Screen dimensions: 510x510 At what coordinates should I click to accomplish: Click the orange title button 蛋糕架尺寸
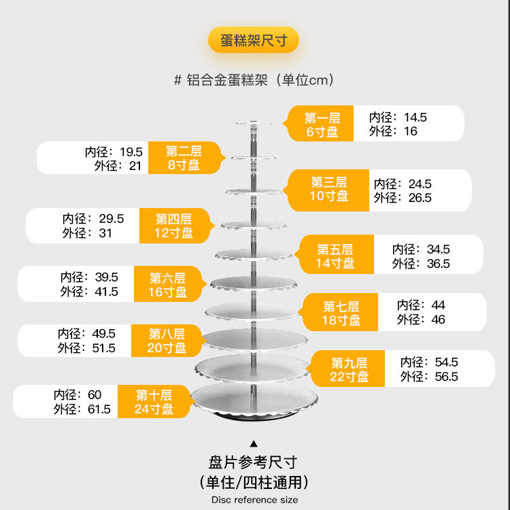coord(254,40)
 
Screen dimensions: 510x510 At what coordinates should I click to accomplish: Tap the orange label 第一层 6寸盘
coord(322,124)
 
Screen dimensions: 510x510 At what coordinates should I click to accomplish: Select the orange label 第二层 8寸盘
coord(184,157)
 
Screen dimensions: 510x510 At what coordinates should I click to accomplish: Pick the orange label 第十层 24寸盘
coord(154,401)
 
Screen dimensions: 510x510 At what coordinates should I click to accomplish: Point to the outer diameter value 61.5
coord(98,409)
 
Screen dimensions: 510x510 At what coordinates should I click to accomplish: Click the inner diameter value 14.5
coord(415,117)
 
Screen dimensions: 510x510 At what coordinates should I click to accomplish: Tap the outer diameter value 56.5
coord(446,377)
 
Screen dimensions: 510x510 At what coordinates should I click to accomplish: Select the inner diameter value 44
coord(438,305)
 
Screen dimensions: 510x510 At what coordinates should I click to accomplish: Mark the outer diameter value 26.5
coord(419,198)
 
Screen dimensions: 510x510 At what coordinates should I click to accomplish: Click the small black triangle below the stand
coord(254,443)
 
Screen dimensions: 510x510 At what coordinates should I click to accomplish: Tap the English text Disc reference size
coord(254,499)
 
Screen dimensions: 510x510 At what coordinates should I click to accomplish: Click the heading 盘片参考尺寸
coord(254,463)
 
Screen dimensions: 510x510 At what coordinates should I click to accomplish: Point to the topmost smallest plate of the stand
coord(254,123)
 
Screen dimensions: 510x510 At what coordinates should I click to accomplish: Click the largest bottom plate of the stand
coord(252,398)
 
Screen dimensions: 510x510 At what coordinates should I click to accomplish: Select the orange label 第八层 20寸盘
coord(167,341)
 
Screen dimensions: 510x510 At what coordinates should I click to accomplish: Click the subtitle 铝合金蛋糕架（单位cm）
coord(254,80)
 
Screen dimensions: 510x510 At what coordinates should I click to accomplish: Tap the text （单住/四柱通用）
coord(254,482)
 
